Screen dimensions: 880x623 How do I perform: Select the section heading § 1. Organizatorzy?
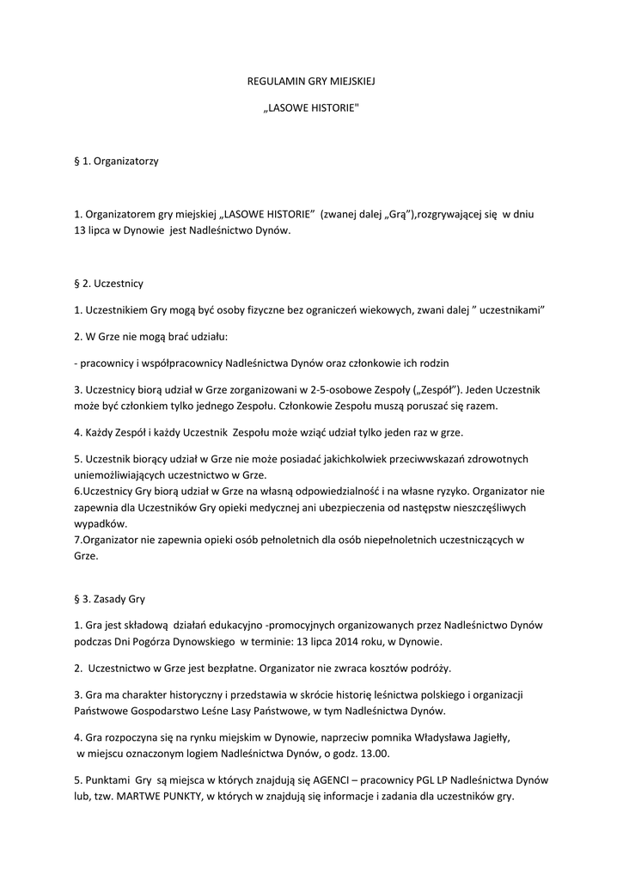coord(117,161)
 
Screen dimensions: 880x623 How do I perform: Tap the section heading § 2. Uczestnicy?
coord(109,283)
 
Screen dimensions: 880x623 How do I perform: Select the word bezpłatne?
coord(224,668)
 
